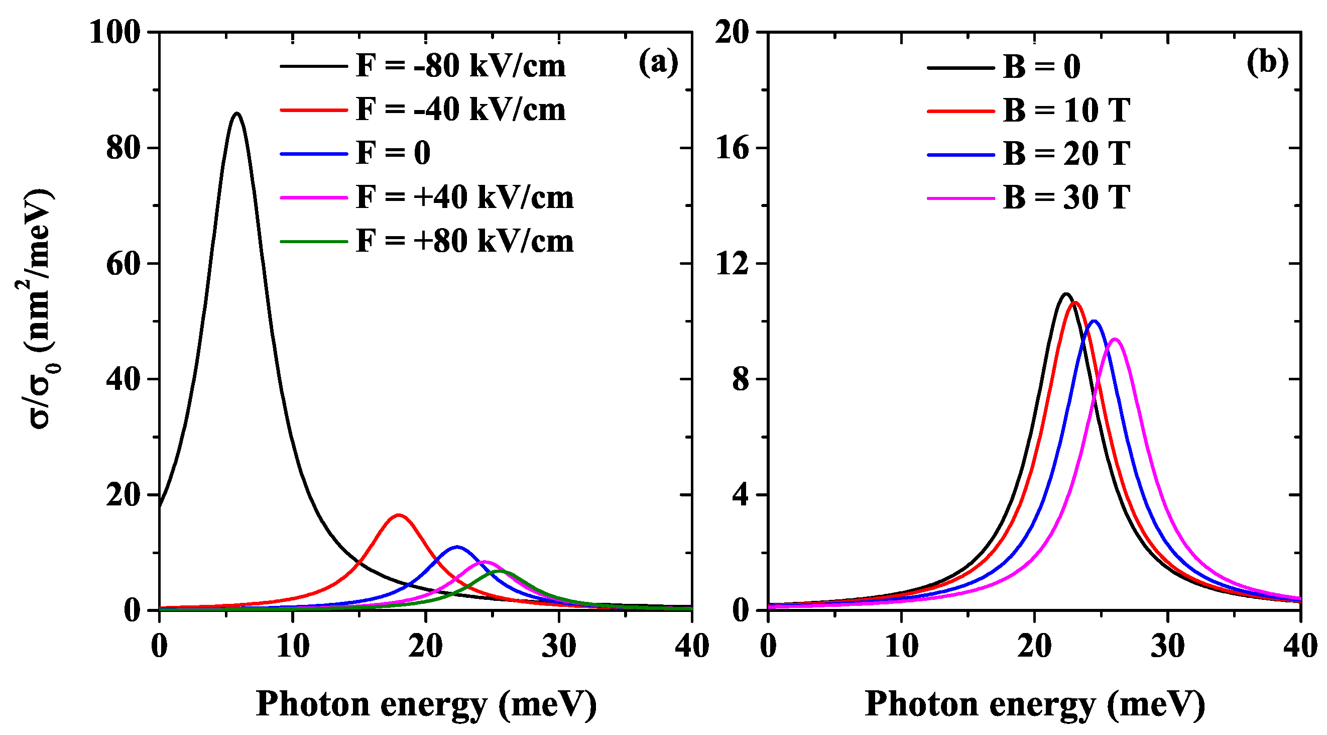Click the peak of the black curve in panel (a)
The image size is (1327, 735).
236,113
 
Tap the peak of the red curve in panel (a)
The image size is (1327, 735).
399,515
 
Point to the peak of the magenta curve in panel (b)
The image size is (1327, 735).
1115,339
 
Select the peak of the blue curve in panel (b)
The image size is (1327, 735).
1093,321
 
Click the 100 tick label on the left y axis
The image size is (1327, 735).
114,32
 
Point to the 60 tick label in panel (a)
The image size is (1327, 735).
123,264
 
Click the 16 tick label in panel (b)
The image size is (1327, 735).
732,148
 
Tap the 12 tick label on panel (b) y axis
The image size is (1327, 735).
732,264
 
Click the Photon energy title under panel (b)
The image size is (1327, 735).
1034,704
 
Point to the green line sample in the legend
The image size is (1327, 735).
314,241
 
